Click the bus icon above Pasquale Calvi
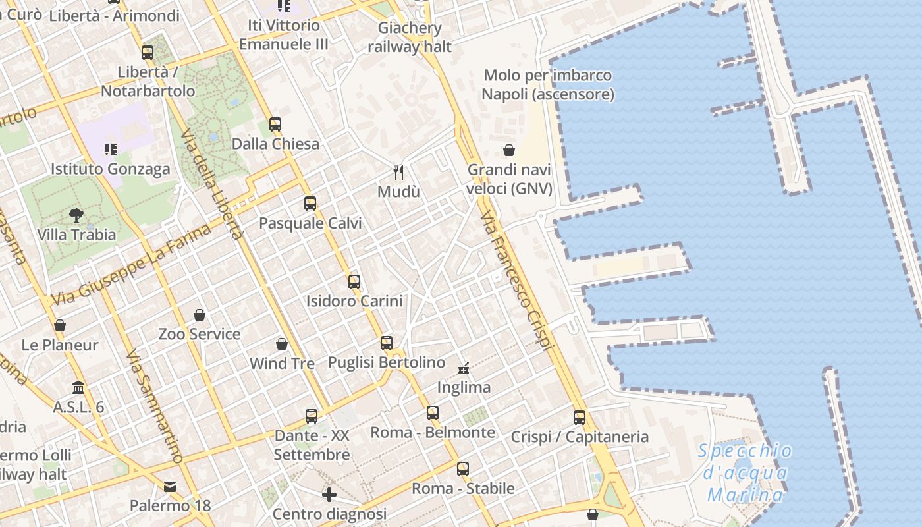click(310, 204)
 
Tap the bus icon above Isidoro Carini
click(354, 282)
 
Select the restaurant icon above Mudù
click(398, 173)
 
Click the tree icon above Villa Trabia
click(76, 215)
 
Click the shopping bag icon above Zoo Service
click(200, 315)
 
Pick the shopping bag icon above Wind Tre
click(282, 344)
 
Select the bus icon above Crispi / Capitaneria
click(580, 417)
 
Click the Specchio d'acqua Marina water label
click(746, 472)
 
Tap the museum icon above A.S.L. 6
click(78, 387)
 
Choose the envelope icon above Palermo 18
click(170, 487)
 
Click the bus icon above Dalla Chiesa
click(275, 125)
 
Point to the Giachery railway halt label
click(410, 37)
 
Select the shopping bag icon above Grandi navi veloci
click(509, 150)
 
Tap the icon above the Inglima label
click(464, 368)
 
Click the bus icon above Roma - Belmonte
click(433, 413)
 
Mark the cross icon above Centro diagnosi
click(329, 494)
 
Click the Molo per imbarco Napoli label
click(548, 84)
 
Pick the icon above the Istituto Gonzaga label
click(111, 150)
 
